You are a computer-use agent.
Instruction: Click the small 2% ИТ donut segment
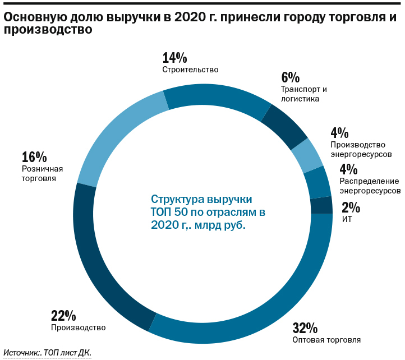tap(321, 206)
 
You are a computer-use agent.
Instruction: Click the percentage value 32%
tap(305, 328)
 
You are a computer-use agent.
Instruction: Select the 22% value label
tap(63, 316)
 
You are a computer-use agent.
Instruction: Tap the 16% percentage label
tap(34, 157)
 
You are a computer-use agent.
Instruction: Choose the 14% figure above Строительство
tap(174, 58)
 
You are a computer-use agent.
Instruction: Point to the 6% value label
tap(290, 77)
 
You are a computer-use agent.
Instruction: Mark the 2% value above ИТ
tap(351, 208)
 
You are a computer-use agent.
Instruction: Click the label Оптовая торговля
tap(326, 340)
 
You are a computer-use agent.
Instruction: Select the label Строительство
tap(190, 70)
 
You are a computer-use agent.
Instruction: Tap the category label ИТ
tap(347, 219)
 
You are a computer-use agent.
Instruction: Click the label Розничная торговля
tap(42, 174)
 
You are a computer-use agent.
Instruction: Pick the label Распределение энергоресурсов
tap(370, 186)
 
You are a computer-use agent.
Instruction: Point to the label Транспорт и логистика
tap(303, 94)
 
